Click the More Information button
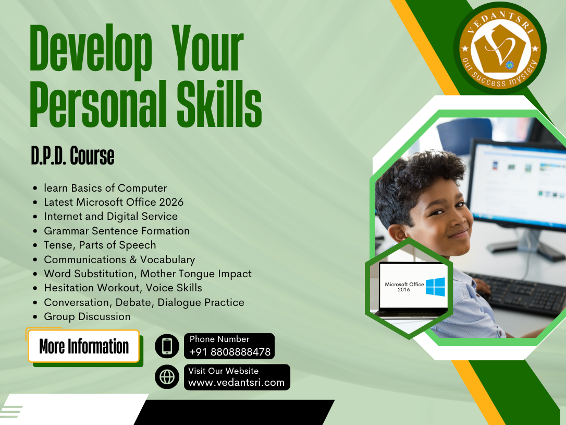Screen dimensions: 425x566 (x=83, y=346)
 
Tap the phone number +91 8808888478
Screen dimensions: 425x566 (x=230, y=352)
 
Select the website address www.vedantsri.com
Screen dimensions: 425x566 (x=236, y=382)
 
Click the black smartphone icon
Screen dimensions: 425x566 (x=167, y=346)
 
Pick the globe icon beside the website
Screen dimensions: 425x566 (x=167, y=377)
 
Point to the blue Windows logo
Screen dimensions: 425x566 (x=435, y=287)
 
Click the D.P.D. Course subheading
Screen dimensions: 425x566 (x=72, y=156)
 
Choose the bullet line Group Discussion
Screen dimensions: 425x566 (x=87, y=316)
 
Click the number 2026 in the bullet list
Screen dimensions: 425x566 (x=172, y=202)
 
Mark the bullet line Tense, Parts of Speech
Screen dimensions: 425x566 (x=100, y=245)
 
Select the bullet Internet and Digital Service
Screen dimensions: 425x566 (x=110, y=216)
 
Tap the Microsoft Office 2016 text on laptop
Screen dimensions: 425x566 (x=404, y=287)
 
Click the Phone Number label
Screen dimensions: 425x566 (x=219, y=339)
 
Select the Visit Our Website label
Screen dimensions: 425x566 (x=224, y=371)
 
